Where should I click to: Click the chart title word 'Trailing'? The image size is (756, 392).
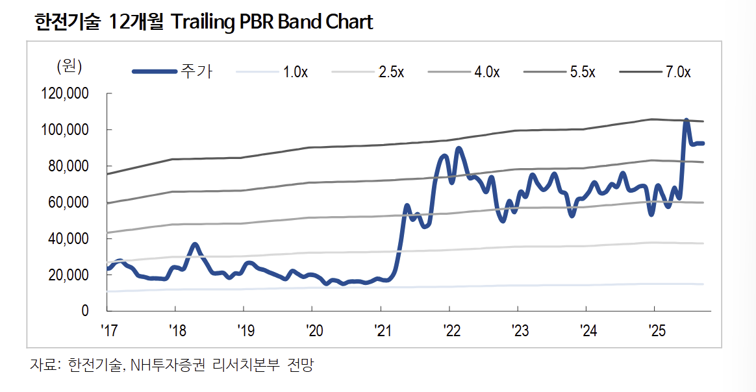point(201,22)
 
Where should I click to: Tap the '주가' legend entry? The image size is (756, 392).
point(197,72)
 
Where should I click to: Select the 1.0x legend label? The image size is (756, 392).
point(296,72)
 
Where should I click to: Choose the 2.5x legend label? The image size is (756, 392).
point(391,72)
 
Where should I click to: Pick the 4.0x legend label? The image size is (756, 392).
point(486,72)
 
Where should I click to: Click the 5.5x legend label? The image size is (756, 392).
point(583,72)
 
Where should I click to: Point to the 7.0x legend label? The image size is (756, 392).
point(678,72)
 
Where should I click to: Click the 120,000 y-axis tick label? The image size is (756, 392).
point(64,94)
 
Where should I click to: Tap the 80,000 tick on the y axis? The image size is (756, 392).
point(67,166)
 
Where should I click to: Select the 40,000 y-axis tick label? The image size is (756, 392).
point(67,239)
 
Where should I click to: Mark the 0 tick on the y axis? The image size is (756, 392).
point(84,311)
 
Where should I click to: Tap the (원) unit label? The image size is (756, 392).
point(69,66)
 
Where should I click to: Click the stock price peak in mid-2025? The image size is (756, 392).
point(686,121)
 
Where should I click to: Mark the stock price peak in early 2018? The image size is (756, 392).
point(195,245)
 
